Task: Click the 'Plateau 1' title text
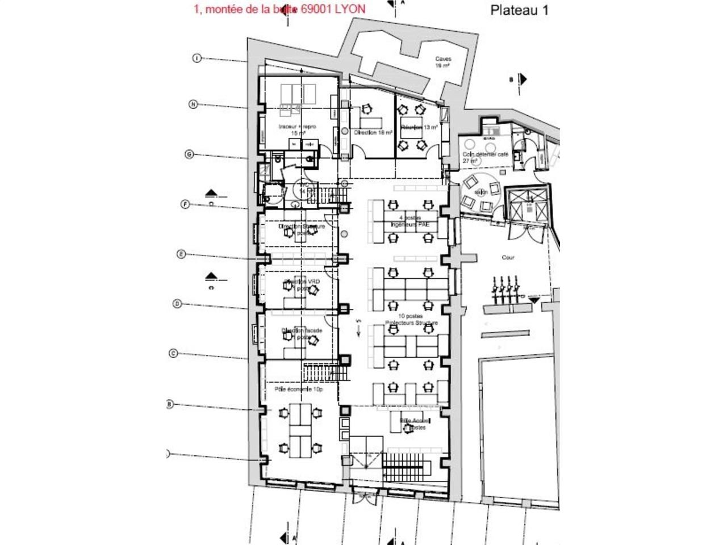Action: point(519,10)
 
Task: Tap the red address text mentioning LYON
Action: point(279,9)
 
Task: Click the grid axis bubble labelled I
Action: point(197,58)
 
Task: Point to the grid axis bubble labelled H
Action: point(193,104)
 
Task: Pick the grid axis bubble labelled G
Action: point(190,154)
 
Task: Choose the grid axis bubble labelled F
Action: point(185,204)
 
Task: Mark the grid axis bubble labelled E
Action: point(181,254)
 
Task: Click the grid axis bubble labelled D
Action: point(177,304)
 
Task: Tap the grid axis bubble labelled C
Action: point(173,353)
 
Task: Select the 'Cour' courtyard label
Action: point(508,257)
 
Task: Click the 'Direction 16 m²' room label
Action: point(373,132)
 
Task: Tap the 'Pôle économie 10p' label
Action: point(298,390)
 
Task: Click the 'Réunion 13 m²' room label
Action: point(419,128)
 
